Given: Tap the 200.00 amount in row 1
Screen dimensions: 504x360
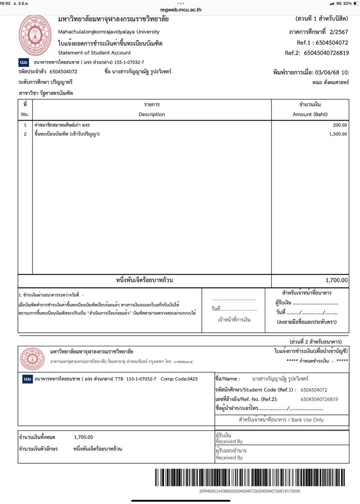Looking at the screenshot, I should click(340, 125).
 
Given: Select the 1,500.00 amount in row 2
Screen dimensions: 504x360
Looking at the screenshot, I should click(338, 134).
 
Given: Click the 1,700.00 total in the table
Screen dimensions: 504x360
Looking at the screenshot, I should click(336, 280).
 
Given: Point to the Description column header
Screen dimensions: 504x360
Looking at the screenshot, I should click(152, 114).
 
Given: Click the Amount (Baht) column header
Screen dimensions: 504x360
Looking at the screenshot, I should click(310, 114).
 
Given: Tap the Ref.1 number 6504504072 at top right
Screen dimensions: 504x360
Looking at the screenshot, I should click(332, 43).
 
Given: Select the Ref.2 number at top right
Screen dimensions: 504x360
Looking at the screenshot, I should click(326, 53).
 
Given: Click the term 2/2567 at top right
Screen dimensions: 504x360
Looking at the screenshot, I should click(339, 32).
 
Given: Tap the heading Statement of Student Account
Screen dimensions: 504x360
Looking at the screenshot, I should click(95, 53).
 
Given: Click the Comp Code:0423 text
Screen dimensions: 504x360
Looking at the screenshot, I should click(179, 379).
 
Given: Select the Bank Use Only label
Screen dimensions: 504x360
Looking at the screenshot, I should click(307, 420).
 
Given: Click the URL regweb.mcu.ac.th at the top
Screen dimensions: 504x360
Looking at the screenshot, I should click(181, 10).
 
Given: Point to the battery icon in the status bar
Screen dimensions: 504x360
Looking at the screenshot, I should click(357, 3).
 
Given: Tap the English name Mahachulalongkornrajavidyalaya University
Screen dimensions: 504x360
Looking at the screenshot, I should click(109, 32).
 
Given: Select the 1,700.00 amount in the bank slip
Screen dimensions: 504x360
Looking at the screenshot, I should click(83, 437).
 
